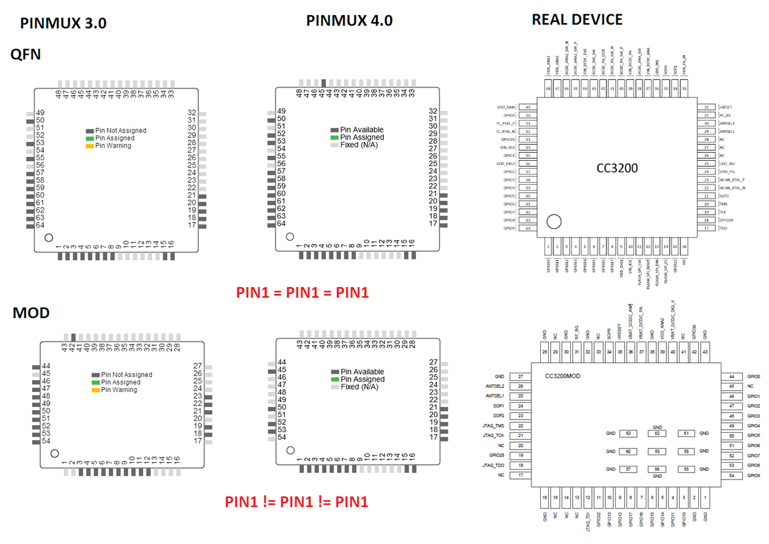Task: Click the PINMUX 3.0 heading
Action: [x=63, y=23]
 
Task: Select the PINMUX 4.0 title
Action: [x=349, y=20]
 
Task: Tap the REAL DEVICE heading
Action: [x=576, y=19]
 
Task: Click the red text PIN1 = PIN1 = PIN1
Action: [x=303, y=292]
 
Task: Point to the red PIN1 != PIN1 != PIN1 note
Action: [x=296, y=501]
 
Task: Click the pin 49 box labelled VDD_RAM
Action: [x=528, y=108]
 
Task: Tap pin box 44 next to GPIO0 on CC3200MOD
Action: [x=731, y=377]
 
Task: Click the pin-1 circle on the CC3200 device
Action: [x=554, y=221]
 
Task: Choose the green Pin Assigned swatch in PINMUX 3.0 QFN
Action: [x=89, y=138]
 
